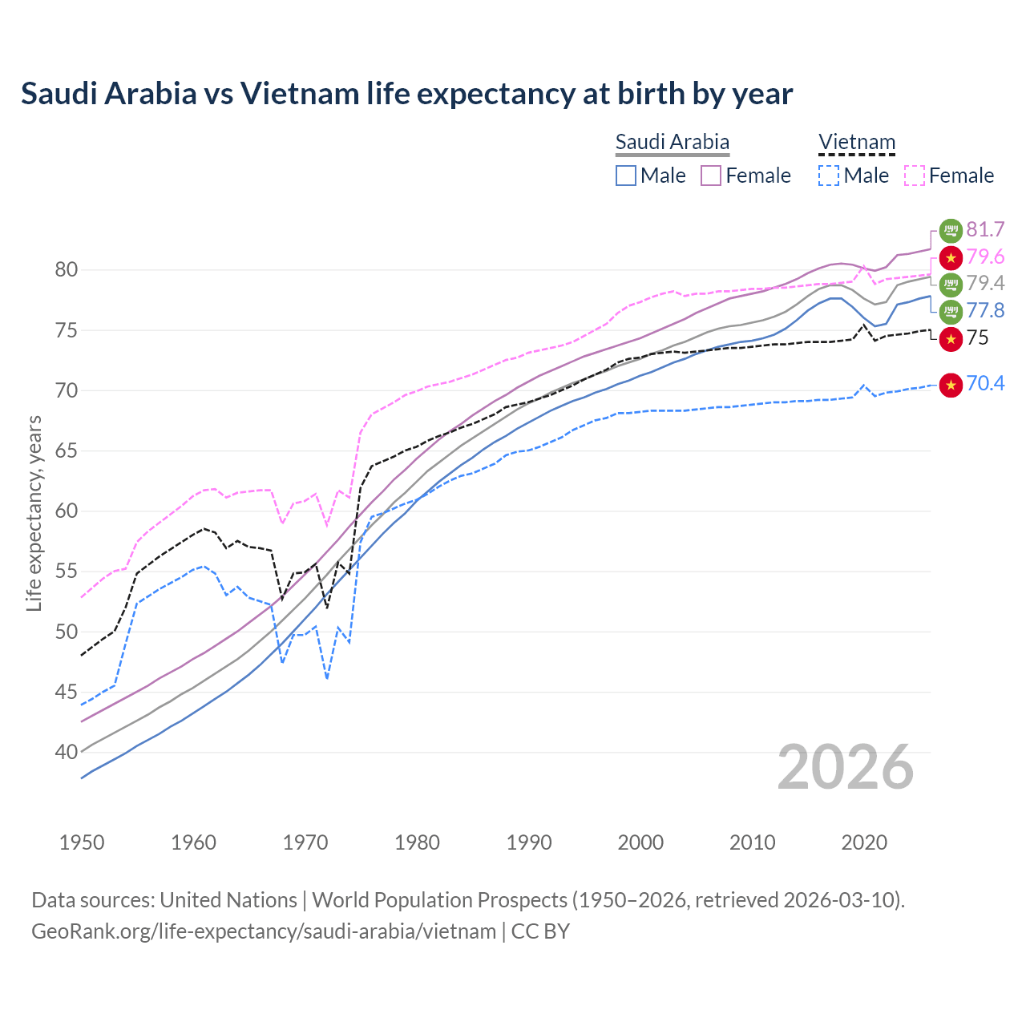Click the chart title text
406,94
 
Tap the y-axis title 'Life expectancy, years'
34,513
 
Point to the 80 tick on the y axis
67,270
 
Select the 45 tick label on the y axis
67,692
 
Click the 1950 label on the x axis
82,842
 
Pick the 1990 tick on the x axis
529,842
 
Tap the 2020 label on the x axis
864,842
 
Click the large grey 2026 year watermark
846,767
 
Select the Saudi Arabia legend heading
672,143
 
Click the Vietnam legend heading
856,143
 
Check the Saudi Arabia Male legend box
626,176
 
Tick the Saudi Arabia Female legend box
711,176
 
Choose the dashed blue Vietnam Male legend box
829,176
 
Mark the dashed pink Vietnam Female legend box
914,176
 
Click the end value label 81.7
985,230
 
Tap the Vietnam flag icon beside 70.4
951,385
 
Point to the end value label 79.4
985,284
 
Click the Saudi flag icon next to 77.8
951,311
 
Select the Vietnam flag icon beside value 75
951,338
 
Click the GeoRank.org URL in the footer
264,931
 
